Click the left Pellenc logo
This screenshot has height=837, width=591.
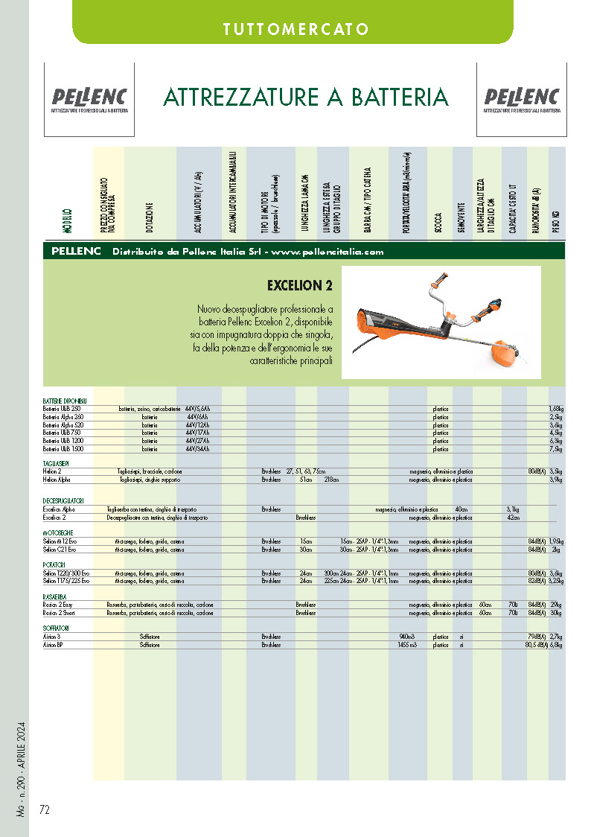89,98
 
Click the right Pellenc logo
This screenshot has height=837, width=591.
521,98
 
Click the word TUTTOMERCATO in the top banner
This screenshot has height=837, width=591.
295,30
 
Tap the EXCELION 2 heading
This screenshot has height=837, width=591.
299,286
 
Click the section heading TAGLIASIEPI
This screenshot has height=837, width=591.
57,463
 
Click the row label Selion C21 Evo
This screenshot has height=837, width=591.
60,549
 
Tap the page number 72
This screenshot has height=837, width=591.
45,809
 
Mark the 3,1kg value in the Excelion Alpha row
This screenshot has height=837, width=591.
512,509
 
